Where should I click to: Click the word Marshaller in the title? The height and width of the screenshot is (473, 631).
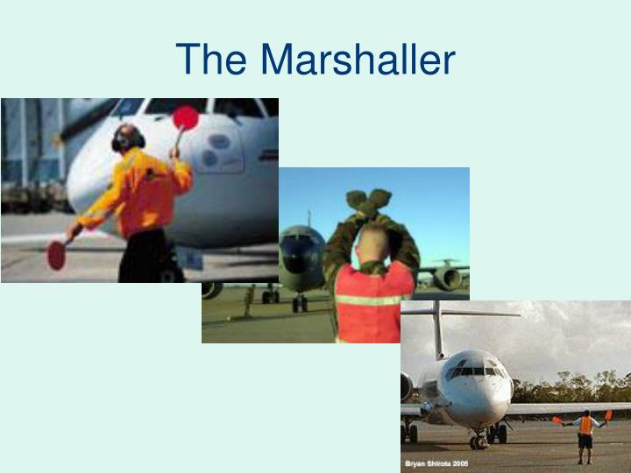pyautogui.click(x=358, y=60)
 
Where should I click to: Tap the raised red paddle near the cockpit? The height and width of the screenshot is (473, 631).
pyautogui.click(x=185, y=117)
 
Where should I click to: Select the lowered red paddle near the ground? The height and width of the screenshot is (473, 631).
pyautogui.click(x=56, y=254)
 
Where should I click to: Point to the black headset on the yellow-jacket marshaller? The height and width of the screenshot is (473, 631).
pyautogui.click(x=127, y=138)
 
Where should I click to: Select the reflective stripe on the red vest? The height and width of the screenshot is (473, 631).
pyautogui.click(x=368, y=300)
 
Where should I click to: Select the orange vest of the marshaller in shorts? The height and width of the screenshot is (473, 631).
pyautogui.click(x=585, y=426)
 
